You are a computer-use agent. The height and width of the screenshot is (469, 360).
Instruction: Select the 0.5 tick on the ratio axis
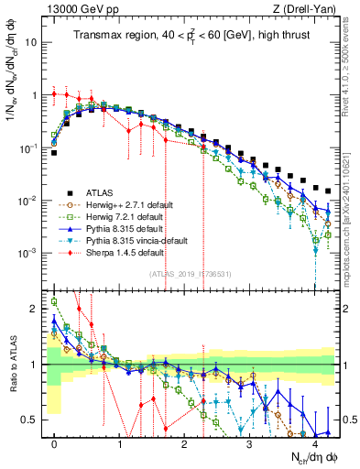(x=33, y=420)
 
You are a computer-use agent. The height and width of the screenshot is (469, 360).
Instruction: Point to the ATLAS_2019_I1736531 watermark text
(x=190, y=273)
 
